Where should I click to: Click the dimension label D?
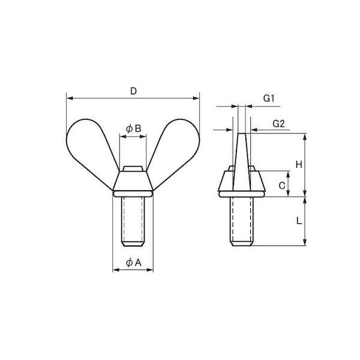coord(133,91)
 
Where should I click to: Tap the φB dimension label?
coord(133,128)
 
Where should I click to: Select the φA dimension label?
coord(134,262)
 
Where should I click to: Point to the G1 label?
coord(269,98)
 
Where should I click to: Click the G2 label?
coord(278,124)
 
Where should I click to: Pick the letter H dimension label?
coord(299,164)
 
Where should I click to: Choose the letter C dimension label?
coord(282,185)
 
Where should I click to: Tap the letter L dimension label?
coord(299,221)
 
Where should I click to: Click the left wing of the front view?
coord(89,149)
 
